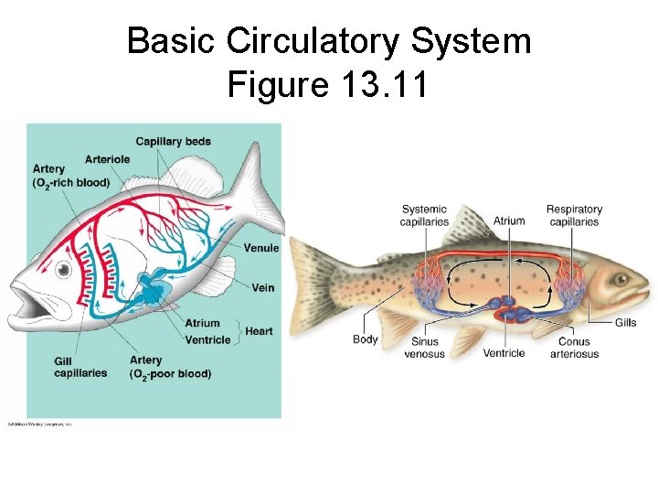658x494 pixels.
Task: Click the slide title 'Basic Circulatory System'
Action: [x=329, y=41]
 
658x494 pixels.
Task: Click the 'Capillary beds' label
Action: [x=173, y=141]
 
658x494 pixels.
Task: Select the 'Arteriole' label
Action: [x=107, y=158]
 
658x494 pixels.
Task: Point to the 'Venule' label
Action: [x=261, y=248]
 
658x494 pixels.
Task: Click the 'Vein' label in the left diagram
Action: [x=262, y=288]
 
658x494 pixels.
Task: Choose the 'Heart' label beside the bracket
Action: [x=259, y=331]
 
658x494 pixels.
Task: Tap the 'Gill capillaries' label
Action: [x=80, y=366]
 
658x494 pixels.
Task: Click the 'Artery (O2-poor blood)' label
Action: [x=170, y=367]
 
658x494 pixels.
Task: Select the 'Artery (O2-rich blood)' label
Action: [x=70, y=176]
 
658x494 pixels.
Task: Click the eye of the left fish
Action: [x=63, y=270]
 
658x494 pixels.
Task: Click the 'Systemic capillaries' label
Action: [x=425, y=215]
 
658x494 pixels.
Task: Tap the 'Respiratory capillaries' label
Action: [x=574, y=215]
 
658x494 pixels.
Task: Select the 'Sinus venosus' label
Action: [x=424, y=348]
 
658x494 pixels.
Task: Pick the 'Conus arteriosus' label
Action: [x=574, y=348]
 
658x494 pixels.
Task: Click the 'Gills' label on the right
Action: [x=625, y=322]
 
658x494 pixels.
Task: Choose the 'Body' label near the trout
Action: [x=365, y=339]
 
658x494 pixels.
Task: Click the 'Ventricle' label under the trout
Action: [x=504, y=353]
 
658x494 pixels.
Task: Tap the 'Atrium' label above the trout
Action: [x=509, y=220]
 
